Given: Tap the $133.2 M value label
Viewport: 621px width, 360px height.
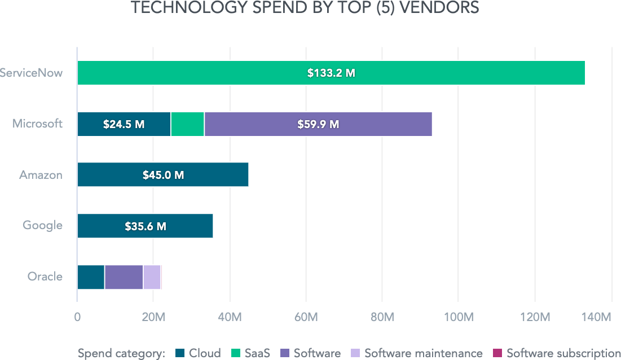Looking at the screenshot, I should pyautogui.click(x=331, y=73).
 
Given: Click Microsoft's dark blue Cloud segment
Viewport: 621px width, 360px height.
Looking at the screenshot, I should pyautogui.click(x=90, y=124).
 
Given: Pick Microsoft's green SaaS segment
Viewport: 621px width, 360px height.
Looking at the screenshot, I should pyautogui.click(x=187, y=124).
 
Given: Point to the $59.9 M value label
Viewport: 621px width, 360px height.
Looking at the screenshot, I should pyautogui.click(x=318, y=124).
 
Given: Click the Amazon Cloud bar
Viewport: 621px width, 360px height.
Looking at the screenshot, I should pyautogui.click(x=214, y=175).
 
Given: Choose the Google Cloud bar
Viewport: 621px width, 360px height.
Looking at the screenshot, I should pyautogui.click(x=186, y=226).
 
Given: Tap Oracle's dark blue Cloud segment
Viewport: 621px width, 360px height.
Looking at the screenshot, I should pyautogui.click(x=91, y=277).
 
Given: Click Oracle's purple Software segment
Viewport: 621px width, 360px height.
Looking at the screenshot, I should pyautogui.click(x=124, y=277).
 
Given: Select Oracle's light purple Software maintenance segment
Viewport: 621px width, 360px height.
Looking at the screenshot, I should pyautogui.click(x=152, y=277).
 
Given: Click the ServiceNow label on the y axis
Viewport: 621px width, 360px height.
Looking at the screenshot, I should pyautogui.click(x=30, y=73).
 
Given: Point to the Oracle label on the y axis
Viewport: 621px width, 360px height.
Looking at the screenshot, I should pyautogui.click(x=45, y=277).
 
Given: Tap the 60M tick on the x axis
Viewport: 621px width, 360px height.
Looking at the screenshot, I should pyautogui.click(x=306, y=317).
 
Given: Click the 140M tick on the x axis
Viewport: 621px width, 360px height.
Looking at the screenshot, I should pyautogui.click(x=598, y=317).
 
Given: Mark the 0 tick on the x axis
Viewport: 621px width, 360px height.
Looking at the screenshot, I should pyautogui.click(x=77, y=317).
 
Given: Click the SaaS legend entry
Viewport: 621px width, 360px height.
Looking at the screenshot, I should pyautogui.click(x=251, y=354).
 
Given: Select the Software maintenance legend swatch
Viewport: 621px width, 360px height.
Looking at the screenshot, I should pyautogui.click(x=355, y=354).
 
